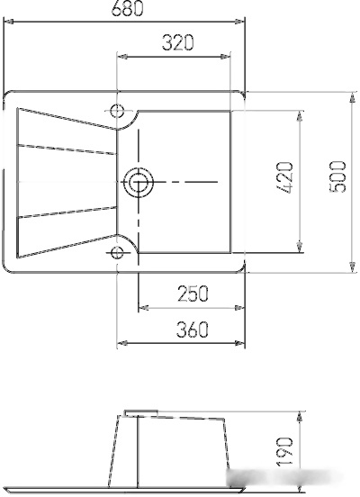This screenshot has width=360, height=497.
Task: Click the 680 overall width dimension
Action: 128,8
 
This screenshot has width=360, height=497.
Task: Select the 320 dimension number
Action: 177,43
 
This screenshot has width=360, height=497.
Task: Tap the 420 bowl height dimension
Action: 284,177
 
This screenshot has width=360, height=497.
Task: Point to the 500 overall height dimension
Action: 337,176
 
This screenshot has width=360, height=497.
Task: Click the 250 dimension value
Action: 193,294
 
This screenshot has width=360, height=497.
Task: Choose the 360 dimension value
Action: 193,330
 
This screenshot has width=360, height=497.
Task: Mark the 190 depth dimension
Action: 284,451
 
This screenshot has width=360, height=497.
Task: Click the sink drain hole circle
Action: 139,182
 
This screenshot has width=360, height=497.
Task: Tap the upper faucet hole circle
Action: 117,111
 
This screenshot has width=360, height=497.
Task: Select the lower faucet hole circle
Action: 117,253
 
